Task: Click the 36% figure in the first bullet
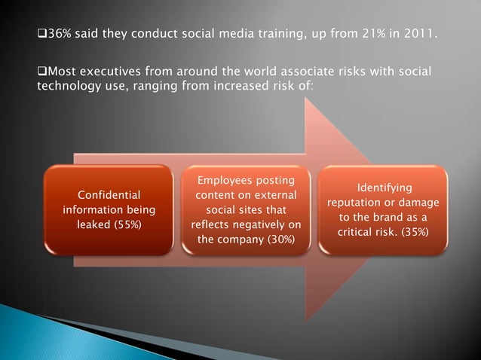point(59,35)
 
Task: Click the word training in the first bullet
point(290,35)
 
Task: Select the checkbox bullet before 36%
point(41,35)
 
